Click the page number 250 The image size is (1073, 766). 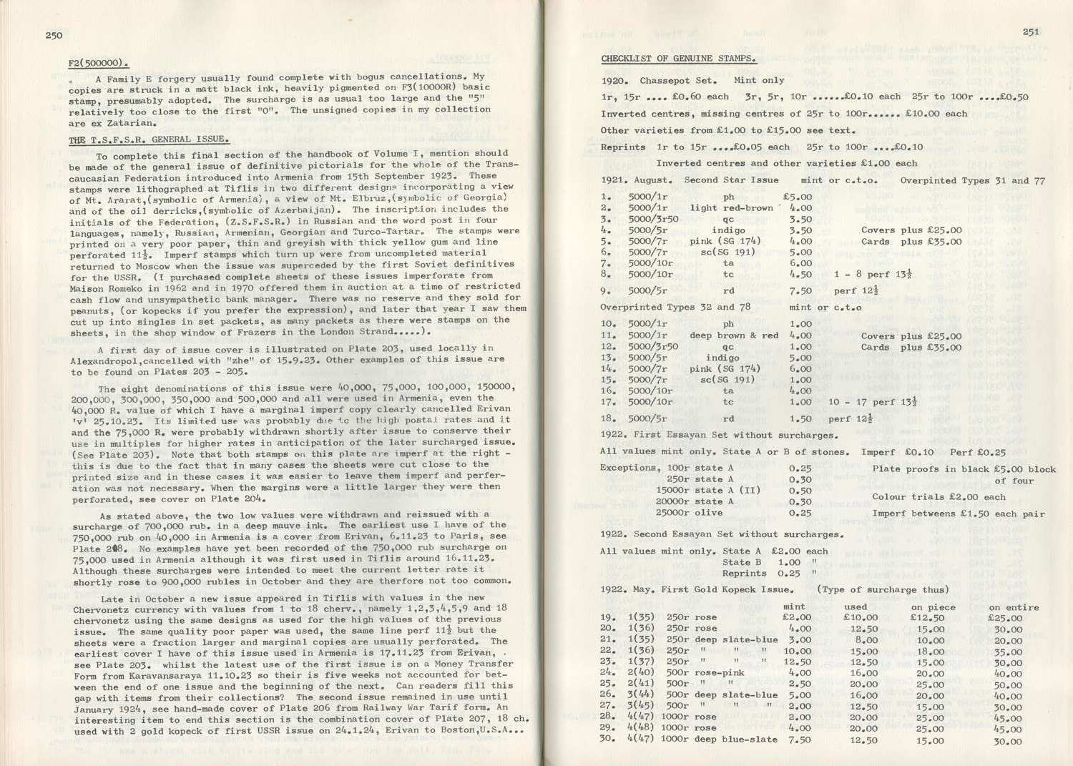(54, 35)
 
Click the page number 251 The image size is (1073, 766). (1031, 31)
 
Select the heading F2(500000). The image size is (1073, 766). (99, 62)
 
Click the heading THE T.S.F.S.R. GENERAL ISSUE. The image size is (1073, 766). (149, 139)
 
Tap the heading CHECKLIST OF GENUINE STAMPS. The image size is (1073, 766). (678, 58)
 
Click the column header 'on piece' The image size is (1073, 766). (931, 607)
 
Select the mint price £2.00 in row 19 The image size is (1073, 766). (797, 617)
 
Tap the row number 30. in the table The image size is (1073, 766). (607, 740)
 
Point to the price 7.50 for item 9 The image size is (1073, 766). (800, 291)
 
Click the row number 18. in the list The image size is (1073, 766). (607, 418)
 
